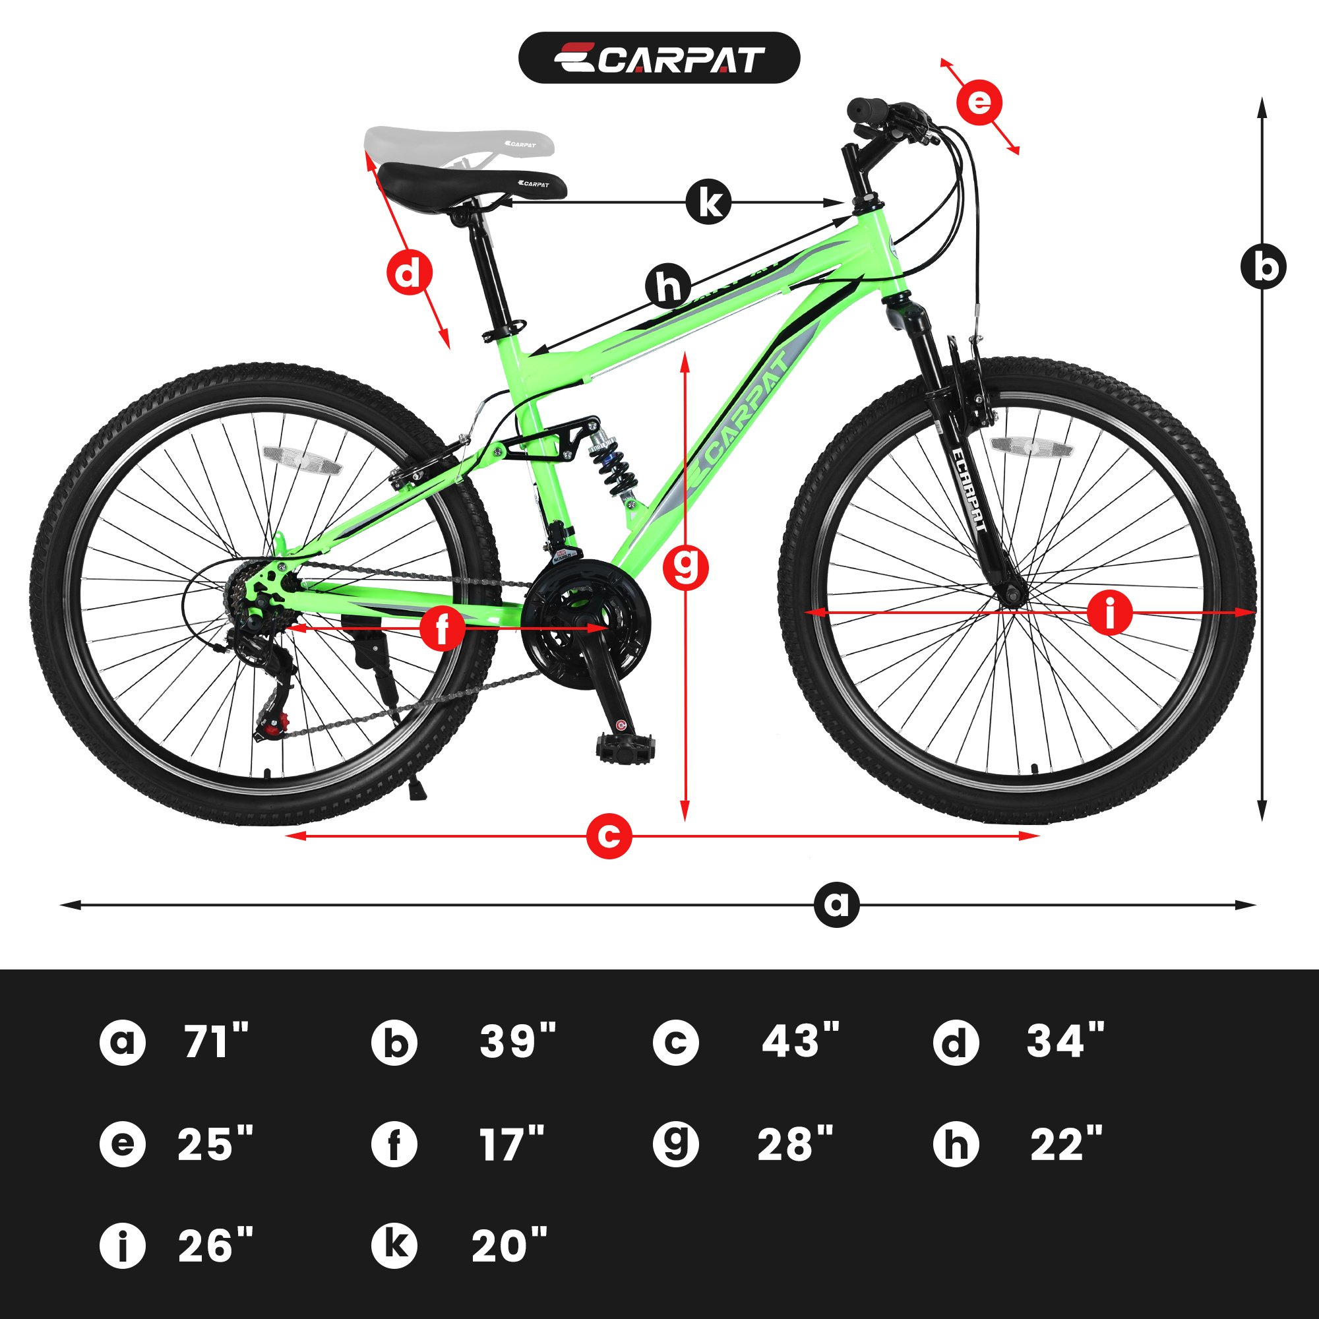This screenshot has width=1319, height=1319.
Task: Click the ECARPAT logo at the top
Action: click(x=659, y=58)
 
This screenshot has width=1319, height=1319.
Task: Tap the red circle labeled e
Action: click(x=979, y=103)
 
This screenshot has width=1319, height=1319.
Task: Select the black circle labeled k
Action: click(x=709, y=202)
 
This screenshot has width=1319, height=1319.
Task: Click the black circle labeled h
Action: click(x=669, y=287)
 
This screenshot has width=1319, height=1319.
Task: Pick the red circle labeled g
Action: click(x=686, y=566)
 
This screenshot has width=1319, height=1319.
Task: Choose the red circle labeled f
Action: click(x=443, y=627)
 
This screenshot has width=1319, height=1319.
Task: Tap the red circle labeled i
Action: click(x=1109, y=613)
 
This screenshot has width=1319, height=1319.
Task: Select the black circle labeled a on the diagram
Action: click(x=836, y=905)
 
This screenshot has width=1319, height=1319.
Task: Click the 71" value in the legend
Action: click(x=216, y=1041)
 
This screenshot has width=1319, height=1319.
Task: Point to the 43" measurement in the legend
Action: click(x=801, y=1041)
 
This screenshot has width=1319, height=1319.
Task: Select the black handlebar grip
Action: click(x=867, y=109)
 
